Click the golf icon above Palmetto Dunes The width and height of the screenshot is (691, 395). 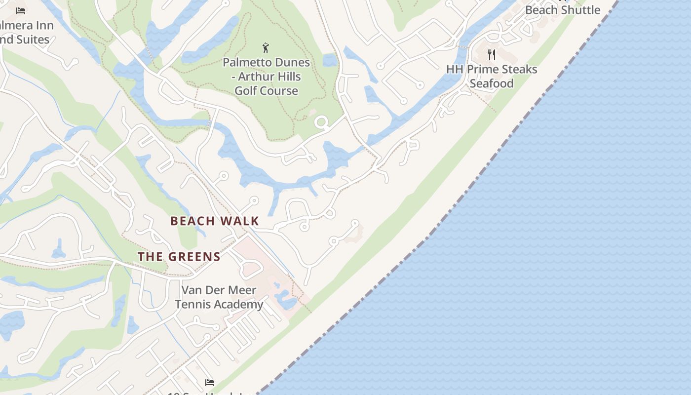[266, 48]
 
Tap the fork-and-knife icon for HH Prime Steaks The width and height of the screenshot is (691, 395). [491, 54]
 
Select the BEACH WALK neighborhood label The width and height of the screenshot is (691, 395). [215, 221]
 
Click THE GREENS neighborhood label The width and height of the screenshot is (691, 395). [179, 257]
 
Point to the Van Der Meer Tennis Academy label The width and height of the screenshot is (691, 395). [219, 297]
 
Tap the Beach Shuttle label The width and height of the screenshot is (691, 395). [563, 10]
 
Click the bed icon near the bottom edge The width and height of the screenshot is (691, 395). [210, 382]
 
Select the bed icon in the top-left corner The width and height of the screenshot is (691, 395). [21, 10]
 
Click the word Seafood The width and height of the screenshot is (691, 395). [492, 83]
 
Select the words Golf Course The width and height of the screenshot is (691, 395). [266, 91]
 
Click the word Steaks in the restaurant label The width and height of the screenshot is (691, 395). [517, 69]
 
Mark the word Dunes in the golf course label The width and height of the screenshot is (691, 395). [293, 63]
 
